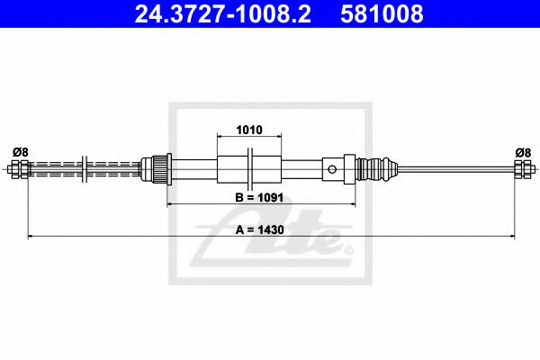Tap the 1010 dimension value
point(248,130)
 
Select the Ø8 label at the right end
point(521,152)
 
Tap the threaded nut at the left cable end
point(17,168)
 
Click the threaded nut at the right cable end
point(521,168)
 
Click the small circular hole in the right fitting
point(333,168)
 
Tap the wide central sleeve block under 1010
point(248,168)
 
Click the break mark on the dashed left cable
point(83,168)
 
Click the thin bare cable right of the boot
point(450,168)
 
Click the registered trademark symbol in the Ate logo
point(349,246)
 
